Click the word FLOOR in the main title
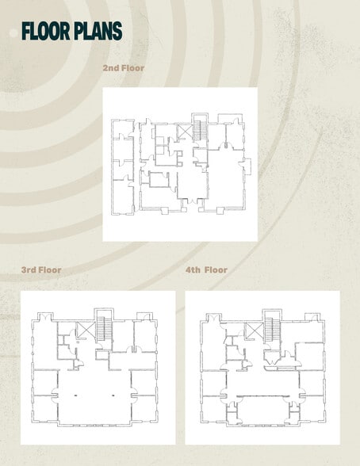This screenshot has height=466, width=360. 44,31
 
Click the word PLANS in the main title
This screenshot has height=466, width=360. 96,31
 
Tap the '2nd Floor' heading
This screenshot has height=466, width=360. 124,68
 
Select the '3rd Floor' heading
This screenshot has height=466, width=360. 41,269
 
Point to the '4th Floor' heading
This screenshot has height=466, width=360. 207,269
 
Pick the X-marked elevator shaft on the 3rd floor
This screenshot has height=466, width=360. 86,330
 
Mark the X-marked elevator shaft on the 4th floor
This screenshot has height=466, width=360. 254,330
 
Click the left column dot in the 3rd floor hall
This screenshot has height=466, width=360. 75,395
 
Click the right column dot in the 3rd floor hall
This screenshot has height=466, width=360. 113,395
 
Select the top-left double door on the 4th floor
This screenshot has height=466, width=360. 213,317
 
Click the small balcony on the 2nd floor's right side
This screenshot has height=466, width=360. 247,166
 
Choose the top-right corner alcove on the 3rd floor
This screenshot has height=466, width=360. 144,316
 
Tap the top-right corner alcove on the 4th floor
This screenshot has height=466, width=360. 312,317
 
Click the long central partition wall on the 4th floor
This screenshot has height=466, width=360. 262,396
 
